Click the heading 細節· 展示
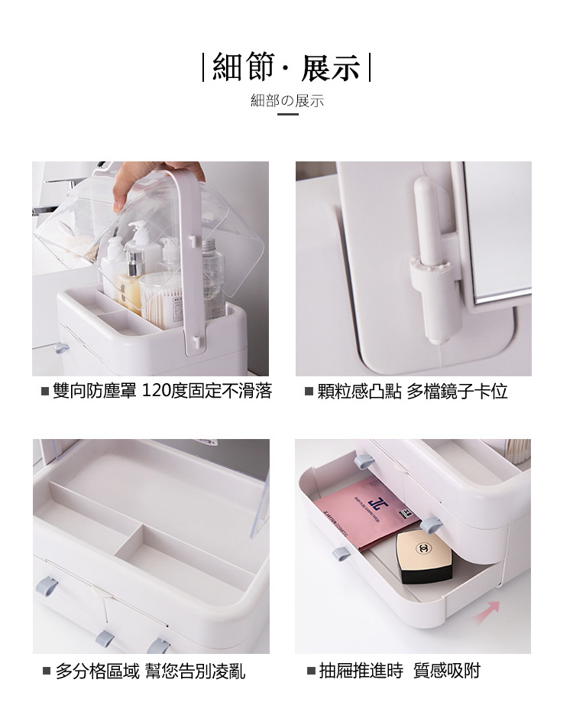[286, 67]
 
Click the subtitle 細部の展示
[287, 100]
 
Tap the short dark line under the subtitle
[287, 114]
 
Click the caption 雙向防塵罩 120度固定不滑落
[162, 391]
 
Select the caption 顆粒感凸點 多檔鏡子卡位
[413, 391]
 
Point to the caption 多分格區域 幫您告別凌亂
[151, 672]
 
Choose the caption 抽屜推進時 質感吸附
[400, 671]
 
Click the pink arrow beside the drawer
[487, 612]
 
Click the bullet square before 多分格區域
[47, 672]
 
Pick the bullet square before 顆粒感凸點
[309, 392]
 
